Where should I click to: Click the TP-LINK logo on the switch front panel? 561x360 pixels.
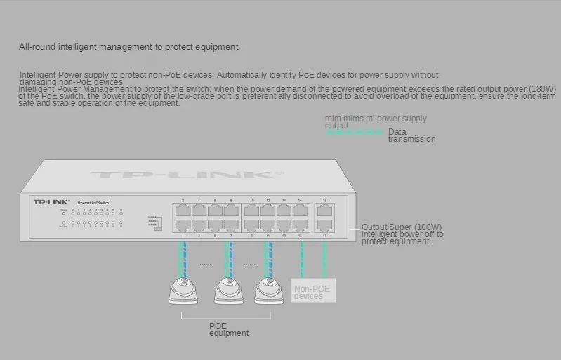click(50, 201)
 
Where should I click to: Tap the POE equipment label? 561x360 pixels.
click(228, 329)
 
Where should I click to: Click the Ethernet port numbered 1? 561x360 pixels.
click(183, 225)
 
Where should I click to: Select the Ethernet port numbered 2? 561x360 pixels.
click(183, 210)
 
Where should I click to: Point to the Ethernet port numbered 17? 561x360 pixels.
click(324, 225)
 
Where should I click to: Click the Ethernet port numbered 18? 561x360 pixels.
click(324, 210)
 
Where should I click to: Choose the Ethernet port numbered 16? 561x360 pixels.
click(300, 210)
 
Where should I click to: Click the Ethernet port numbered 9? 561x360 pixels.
click(252, 225)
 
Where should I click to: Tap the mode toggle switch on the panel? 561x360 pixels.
click(159, 224)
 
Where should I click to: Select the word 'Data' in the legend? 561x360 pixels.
click(397, 131)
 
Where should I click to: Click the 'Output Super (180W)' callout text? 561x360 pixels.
click(402, 227)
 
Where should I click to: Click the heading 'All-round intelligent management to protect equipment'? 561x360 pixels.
click(128, 47)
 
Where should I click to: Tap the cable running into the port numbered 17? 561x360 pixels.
click(324, 256)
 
